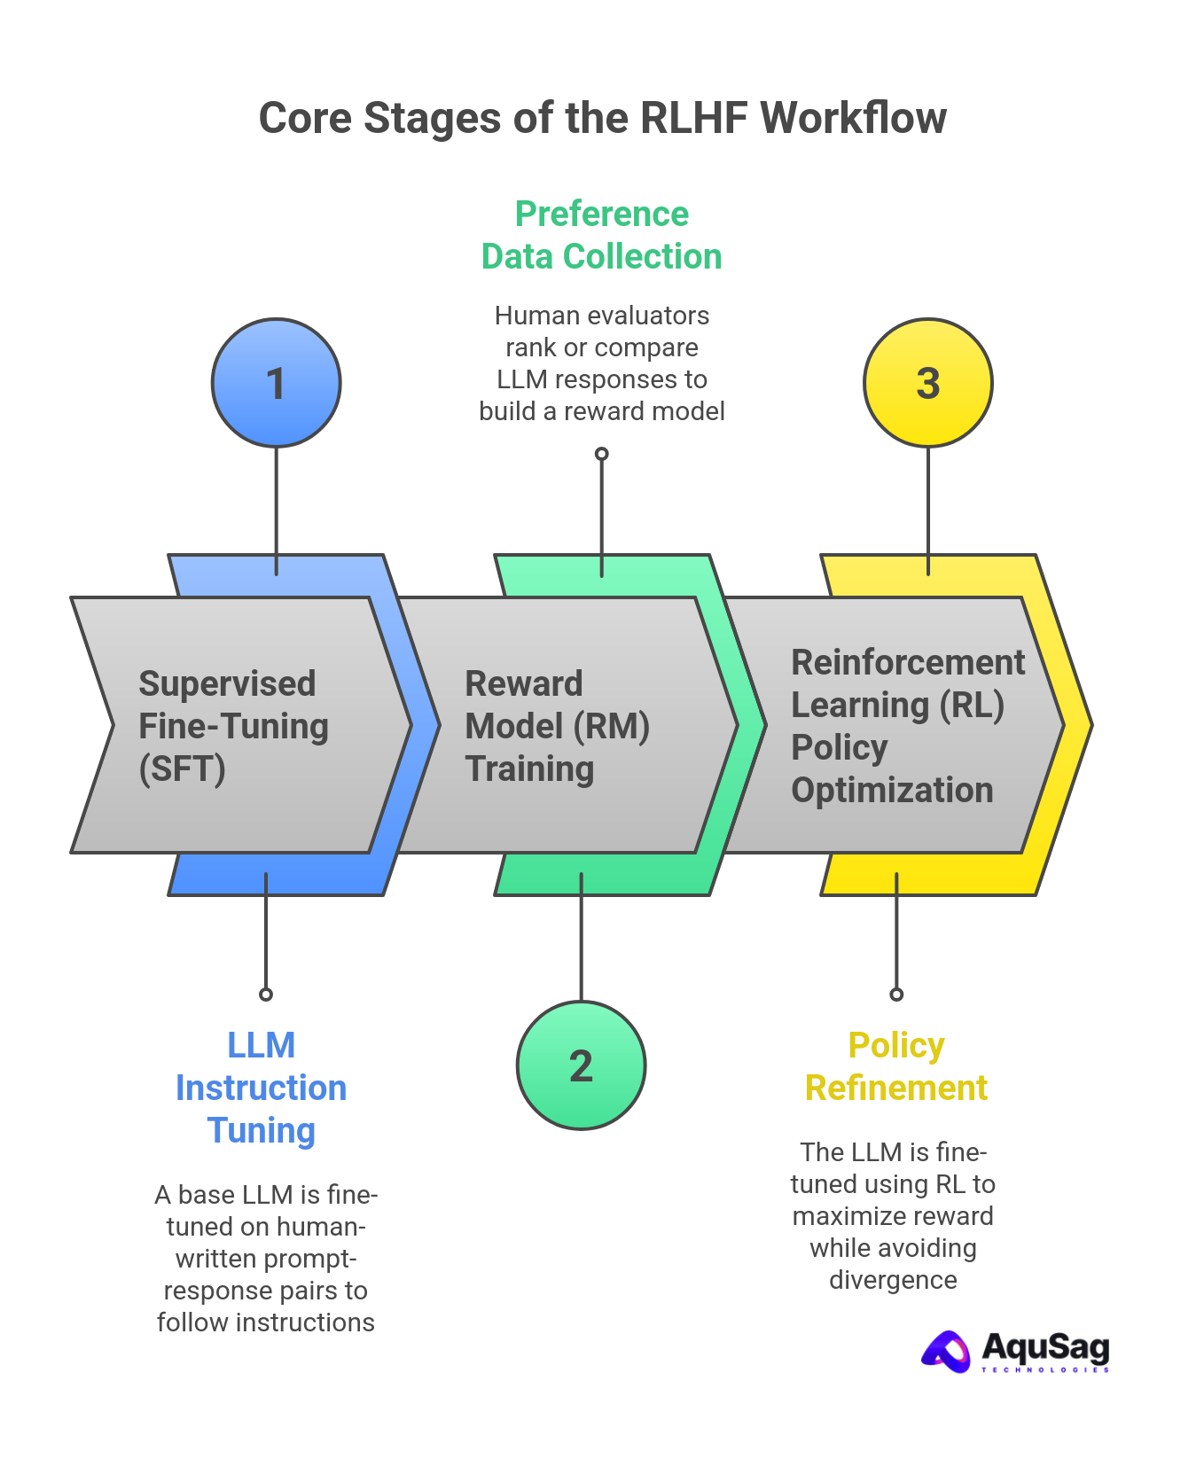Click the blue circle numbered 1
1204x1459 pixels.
[276, 383]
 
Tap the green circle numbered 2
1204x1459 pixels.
[581, 1065]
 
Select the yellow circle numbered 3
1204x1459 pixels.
[927, 383]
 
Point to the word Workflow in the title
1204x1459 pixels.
[854, 118]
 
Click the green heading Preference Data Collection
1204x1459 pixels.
[601, 236]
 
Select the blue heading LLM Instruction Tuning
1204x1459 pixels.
[261, 1088]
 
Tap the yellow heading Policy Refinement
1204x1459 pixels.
[895, 1066]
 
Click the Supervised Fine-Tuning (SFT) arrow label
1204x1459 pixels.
[233, 726]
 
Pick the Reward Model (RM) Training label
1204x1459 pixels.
[557, 726]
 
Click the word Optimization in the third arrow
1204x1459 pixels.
[891, 790]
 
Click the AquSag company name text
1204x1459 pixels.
[1045, 1348]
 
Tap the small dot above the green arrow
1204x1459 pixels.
[601, 454]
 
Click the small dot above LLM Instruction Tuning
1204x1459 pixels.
[266, 995]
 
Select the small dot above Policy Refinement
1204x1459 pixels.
[896, 995]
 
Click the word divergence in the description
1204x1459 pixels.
[893, 1280]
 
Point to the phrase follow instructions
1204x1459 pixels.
[266, 1322]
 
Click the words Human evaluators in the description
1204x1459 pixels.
[601, 316]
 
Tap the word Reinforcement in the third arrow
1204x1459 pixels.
[907, 662]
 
